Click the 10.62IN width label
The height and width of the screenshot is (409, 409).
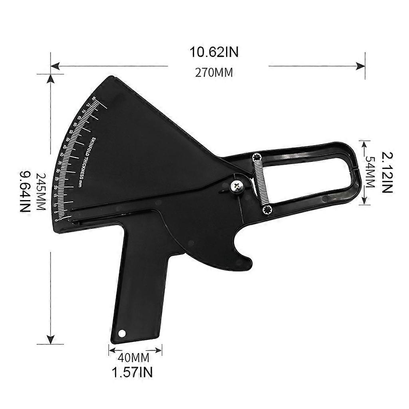(214, 52)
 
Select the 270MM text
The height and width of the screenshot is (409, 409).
(214, 73)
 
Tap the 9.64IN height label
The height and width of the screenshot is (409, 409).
(25, 192)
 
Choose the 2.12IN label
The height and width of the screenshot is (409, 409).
(387, 172)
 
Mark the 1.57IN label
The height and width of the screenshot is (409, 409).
(132, 372)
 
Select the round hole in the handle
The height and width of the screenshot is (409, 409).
(122, 333)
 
